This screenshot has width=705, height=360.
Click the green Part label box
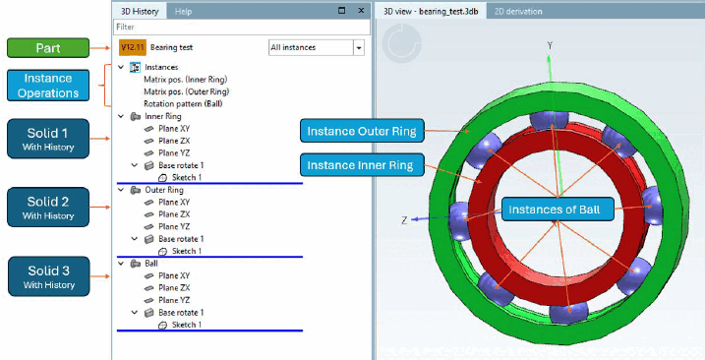point(48,47)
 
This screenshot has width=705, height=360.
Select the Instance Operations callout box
point(48,85)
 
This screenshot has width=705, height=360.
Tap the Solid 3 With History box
point(48,276)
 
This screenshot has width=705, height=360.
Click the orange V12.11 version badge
point(133,47)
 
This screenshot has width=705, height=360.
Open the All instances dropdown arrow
point(359,47)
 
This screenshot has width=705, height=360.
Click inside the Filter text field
point(242,27)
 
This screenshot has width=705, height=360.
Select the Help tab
point(184,12)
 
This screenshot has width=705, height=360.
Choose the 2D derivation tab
point(518,11)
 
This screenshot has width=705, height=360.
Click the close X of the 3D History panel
point(361,11)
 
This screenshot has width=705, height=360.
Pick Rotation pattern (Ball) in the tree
point(183,104)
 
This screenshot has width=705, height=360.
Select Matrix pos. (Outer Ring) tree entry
point(186,91)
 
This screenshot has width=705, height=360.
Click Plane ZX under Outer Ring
point(174,214)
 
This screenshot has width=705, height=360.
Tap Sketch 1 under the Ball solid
point(187,325)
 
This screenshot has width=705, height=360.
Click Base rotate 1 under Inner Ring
point(181,165)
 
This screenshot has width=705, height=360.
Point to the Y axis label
point(550,45)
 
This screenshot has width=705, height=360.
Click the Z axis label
point(404,220)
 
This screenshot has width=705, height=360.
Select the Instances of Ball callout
point(558,210)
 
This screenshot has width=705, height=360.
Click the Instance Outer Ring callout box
point(362,132)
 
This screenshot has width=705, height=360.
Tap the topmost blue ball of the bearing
point(549,119)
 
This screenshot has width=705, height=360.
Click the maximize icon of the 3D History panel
point(342,11)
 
